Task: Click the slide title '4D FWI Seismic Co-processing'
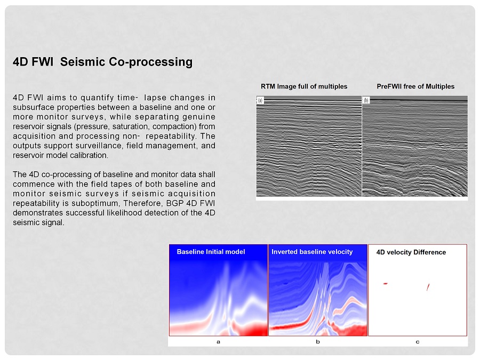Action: [x=102, y=62]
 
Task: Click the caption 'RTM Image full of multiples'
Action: [x=304, y=86]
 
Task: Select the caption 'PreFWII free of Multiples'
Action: [x=415, y=86]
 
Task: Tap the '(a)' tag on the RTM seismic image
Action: [x=260, y=100]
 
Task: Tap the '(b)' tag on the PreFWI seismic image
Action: [x=366, y=100]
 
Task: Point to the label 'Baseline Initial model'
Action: [x=211, y=252]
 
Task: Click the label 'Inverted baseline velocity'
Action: [x=312, y=252]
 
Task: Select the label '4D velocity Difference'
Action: [x=411, y=252]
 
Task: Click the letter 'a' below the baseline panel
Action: [x=218, y=342]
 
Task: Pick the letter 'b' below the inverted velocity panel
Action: [x=318, y=341]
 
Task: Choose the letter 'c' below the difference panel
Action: [x=417, y=342]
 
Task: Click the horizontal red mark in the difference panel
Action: [x=386, y=284]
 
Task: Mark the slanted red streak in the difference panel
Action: [x=428, y=287]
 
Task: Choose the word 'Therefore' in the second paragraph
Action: [x=143, y=203]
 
